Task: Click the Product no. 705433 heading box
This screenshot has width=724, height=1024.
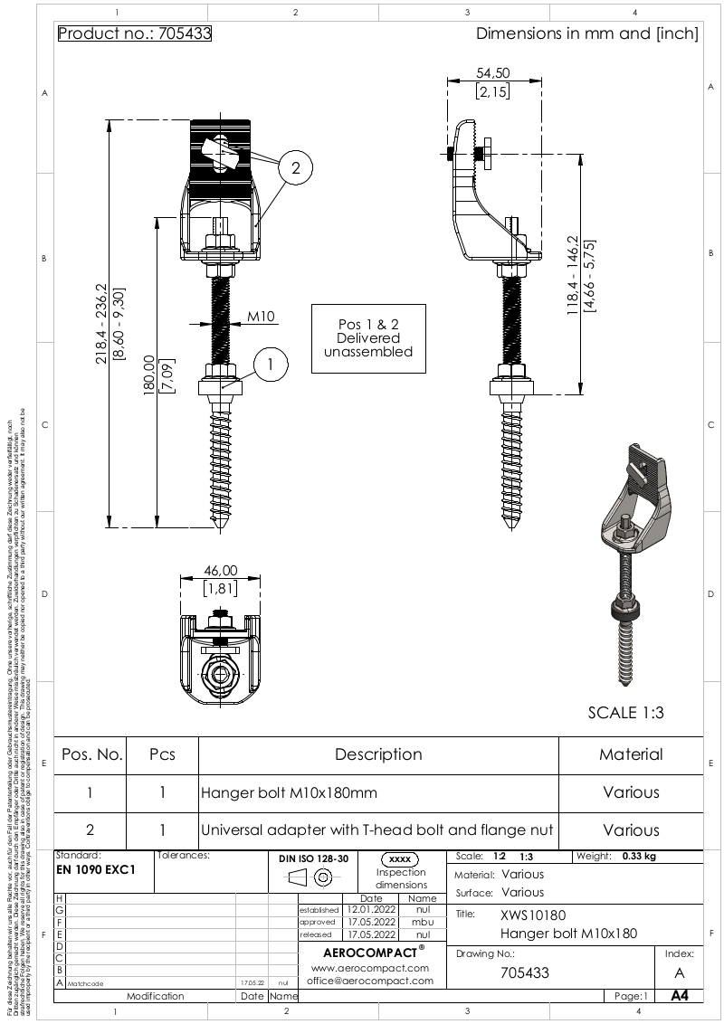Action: pyautogui.click(x=134, y=34)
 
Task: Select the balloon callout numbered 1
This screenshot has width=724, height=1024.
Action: pyautogui.click(x=270, y=365)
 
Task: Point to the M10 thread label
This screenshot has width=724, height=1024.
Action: pyautogui.click(x=262, y=317)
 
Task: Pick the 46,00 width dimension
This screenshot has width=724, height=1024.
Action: pyautogui.click(x=220, y=571)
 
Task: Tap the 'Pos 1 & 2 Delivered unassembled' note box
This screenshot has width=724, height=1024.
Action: pyautogui.click(x=368, y=338)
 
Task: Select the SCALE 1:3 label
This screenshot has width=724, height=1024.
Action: pyautogui.click(x=625, y=713)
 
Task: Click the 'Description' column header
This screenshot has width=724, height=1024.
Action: pyautogui.click(x=378, y=754)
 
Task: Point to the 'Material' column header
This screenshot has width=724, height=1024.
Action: pyautogui.click(x=631, y=754)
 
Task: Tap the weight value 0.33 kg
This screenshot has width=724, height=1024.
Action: pyautogui.click(x=639, y=856)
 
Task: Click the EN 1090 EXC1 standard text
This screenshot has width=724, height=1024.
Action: pyautogui.click(x=96, y=870)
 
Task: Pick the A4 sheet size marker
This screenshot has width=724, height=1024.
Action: pyautogui.click(x=680, y=996)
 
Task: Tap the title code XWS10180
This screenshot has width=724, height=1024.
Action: pyautogui.click(x=533, y=915)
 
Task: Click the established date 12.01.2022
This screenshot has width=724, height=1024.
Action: pyautogui.click(x=371, y=910)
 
